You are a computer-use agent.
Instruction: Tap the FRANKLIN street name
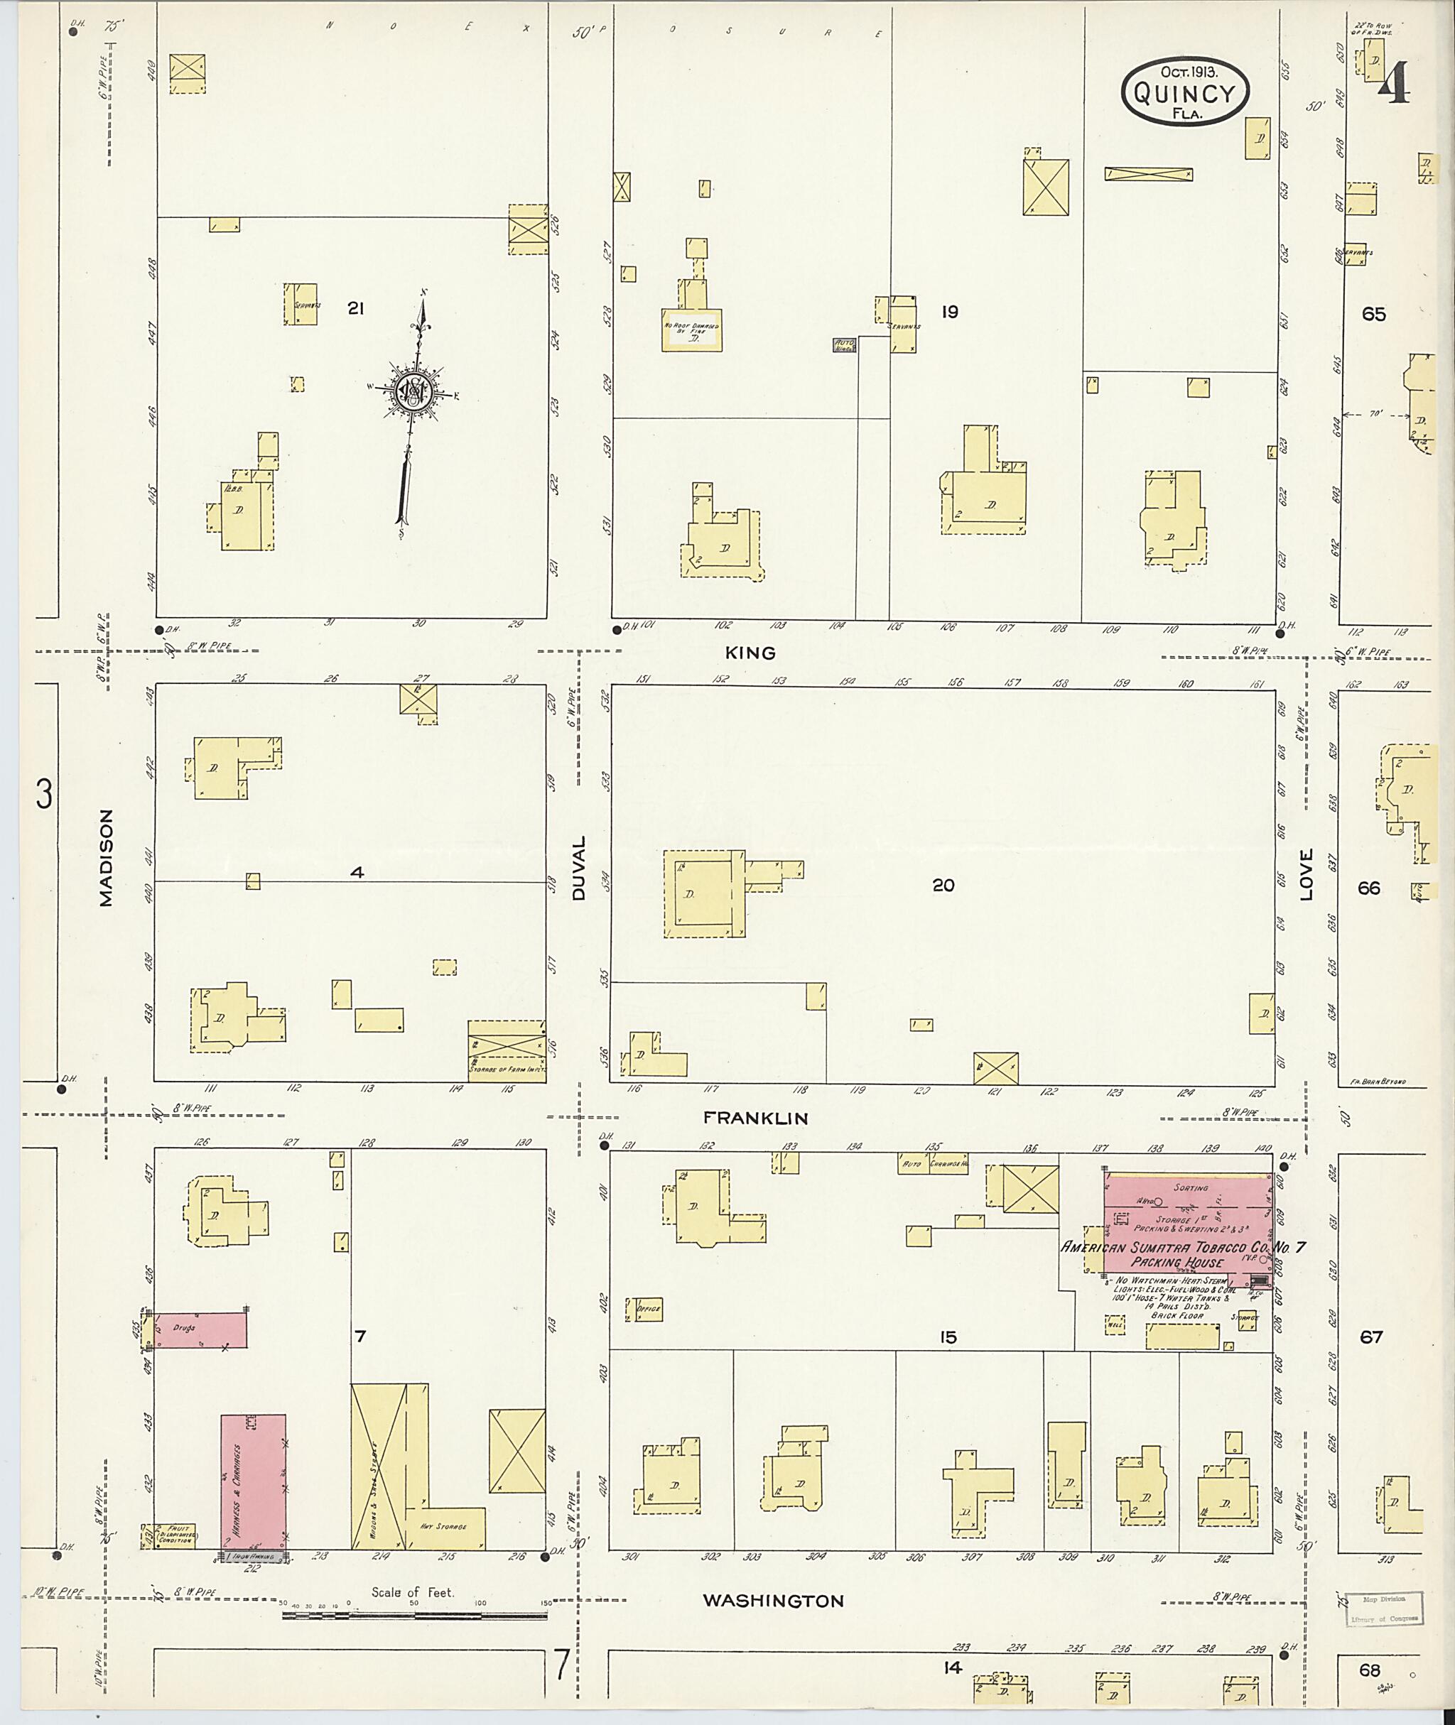(754, 1118)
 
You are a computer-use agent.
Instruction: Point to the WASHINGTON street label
(773, 1601)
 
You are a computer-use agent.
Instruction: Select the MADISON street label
(106, 858)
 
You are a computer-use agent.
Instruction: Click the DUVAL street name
(578, 869)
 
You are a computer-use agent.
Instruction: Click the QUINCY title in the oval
(1184, 94)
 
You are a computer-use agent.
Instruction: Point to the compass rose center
(411, 392)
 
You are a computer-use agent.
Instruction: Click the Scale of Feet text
(411, 1591)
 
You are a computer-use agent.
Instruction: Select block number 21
(355, 308)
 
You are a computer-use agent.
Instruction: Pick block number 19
(949, 312)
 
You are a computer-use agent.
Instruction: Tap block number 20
(943, 885)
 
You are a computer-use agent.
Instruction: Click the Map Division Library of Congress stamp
(1383, 1607)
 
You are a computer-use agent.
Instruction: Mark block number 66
(1368, 888)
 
